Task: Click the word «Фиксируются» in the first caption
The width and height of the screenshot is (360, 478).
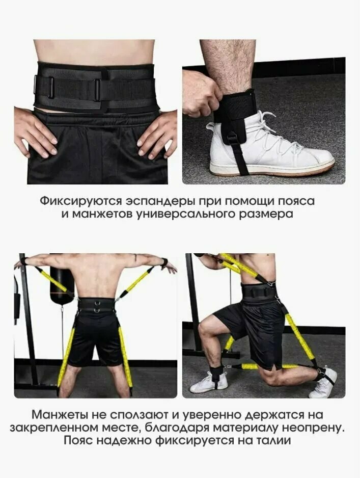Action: tap(80, 201)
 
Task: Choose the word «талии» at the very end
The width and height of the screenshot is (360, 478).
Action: tap(272, 441)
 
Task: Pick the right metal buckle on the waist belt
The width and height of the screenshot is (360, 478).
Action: tap(97, 90)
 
